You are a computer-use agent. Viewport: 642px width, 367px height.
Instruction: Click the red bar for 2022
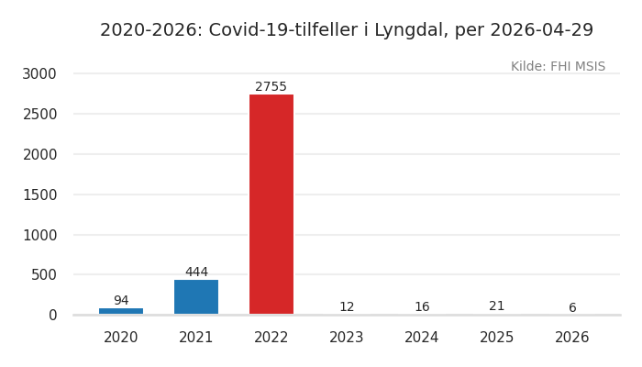(271, 204)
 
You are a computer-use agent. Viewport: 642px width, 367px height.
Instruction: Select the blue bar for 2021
(196, 297)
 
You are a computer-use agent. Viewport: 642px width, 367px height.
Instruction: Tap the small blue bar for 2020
(121, 311)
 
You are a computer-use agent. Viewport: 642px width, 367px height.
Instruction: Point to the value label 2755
(271, 87)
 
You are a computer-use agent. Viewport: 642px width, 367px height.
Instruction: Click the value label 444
(196, 272)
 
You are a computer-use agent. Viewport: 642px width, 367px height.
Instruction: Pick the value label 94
(121, 301)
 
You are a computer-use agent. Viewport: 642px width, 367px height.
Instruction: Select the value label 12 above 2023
(347, 307)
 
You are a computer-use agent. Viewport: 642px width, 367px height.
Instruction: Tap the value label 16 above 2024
(422, 307)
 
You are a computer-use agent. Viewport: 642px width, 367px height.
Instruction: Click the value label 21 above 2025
(497, 306)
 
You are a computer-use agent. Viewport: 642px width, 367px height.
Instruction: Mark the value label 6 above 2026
(572, 308)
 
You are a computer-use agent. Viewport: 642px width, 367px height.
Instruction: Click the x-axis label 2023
(347, 338)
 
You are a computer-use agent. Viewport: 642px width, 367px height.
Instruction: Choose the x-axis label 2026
(572, 338)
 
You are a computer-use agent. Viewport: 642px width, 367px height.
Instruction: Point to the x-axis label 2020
(121, 338)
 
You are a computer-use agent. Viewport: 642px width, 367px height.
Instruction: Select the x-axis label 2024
(422, 338)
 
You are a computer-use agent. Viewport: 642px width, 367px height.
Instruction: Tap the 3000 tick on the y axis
(40, 73)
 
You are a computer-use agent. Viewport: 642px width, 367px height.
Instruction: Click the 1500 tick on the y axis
(40, 195)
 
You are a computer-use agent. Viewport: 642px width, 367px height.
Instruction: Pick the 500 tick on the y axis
(44, 274)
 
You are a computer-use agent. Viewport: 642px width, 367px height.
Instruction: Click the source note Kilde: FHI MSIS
(558, 67)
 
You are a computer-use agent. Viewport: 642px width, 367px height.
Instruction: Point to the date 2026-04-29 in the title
(541, 30)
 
